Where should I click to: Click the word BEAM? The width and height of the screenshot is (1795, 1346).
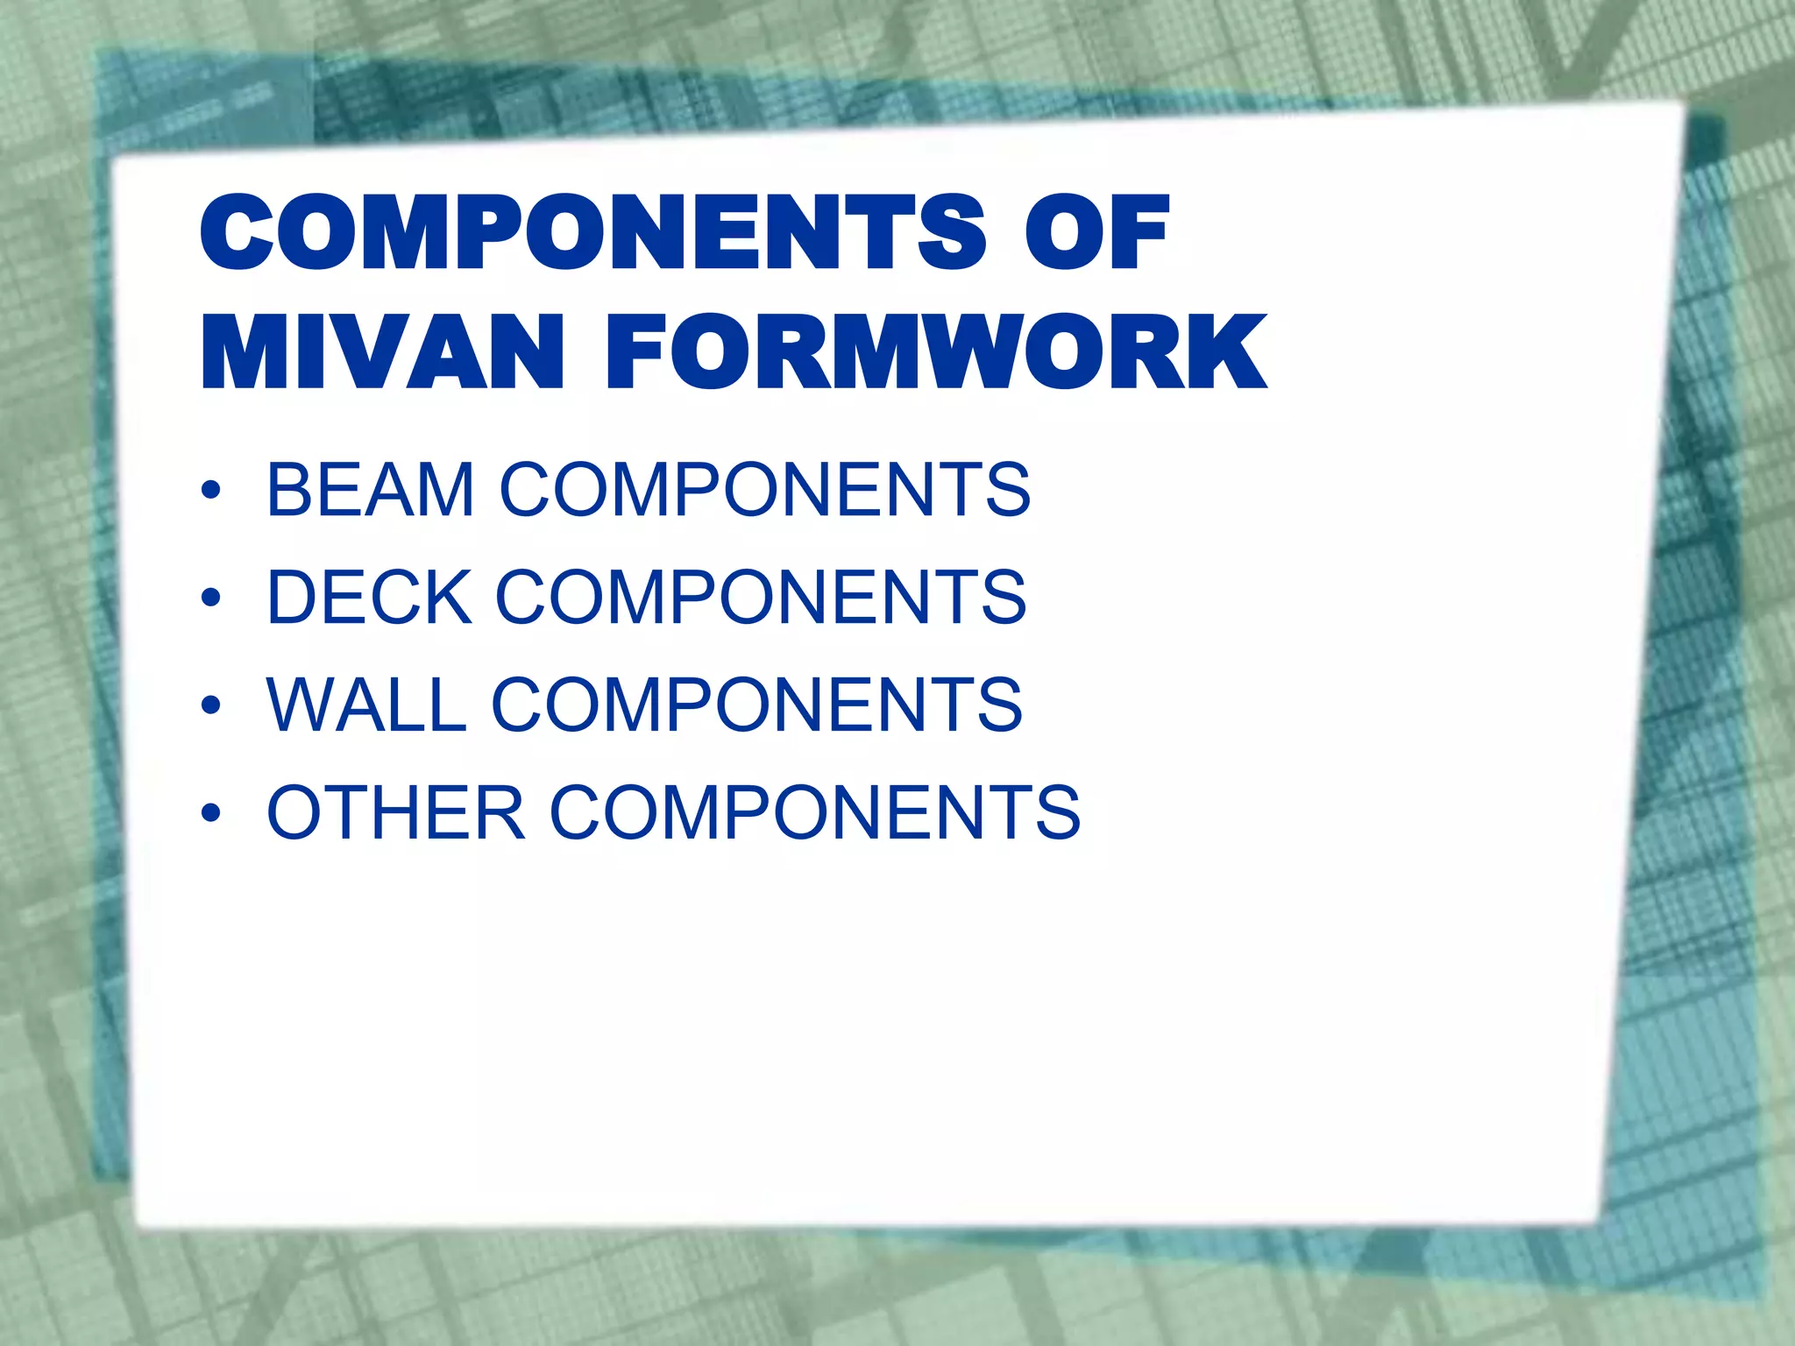tap(370, 489)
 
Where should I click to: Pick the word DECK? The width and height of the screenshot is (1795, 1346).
tap(368, 597)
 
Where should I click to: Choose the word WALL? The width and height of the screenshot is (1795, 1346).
tap(366, 705)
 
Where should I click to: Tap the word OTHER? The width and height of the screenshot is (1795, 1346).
tap(395, 812)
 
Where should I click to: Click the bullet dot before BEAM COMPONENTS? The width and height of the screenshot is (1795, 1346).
tap(210, 491)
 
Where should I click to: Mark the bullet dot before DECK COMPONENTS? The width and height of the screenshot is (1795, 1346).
tap(210, 599)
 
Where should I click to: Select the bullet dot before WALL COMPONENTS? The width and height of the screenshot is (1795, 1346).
tap(210, 706)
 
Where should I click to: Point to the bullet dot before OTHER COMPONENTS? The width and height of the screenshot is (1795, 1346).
tap(210, 814)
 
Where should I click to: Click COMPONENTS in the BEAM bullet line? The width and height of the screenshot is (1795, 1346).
tap(764, 489)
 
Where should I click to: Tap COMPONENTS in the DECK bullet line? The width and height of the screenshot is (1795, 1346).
tap(761, 597)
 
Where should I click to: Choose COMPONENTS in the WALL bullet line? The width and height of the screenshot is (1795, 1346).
tap(756, 705)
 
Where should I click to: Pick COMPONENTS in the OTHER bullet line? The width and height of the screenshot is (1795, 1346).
tap(814, 812)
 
